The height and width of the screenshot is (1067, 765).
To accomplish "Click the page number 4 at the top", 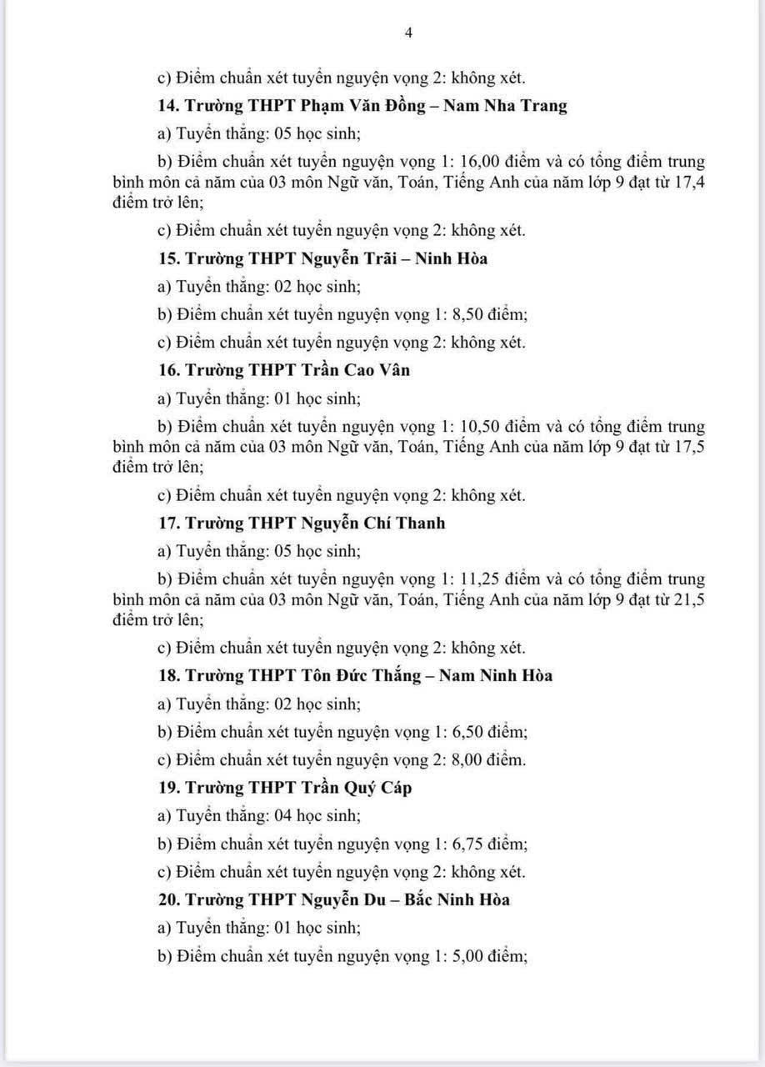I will tap(408, 33).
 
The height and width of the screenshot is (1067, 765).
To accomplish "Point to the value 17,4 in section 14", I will tap(689, 182).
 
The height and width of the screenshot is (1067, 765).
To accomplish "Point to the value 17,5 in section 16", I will tap(689, 447).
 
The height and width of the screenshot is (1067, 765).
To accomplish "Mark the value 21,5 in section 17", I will tap(689, 599).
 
